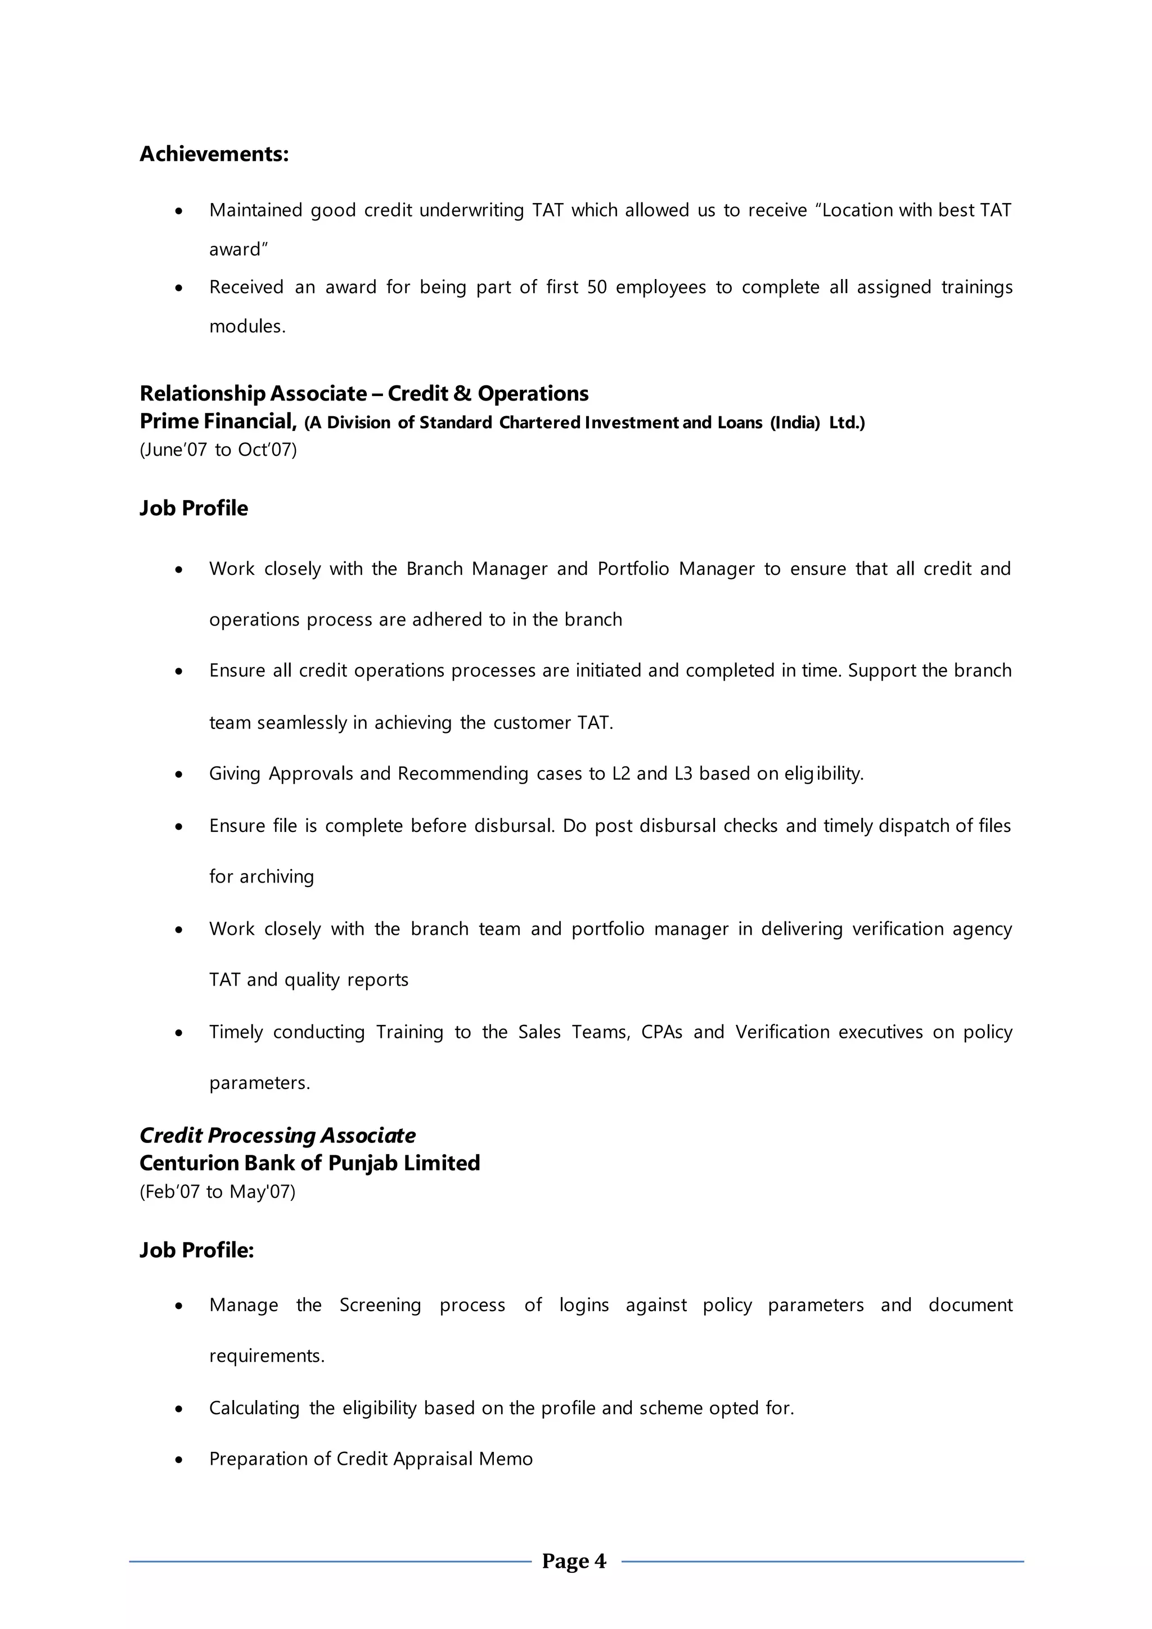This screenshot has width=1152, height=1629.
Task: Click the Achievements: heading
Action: (214, 154)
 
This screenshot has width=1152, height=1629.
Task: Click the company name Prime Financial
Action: (217, 421)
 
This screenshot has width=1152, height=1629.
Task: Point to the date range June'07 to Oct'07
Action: (218, 450)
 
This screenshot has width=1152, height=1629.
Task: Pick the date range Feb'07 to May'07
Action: (217, 1191)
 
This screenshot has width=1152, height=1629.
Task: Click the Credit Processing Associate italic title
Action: (277, 1135)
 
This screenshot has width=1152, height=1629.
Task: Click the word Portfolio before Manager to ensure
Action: (633, 569)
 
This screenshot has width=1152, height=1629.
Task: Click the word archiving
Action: (277, 877)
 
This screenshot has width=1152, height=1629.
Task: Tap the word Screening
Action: (380, 1306)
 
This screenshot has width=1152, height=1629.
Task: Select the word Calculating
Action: (254, 1408)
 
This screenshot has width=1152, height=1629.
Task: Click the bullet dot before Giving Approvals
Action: (179, 774)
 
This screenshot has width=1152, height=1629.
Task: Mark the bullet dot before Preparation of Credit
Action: (179, 1460)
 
